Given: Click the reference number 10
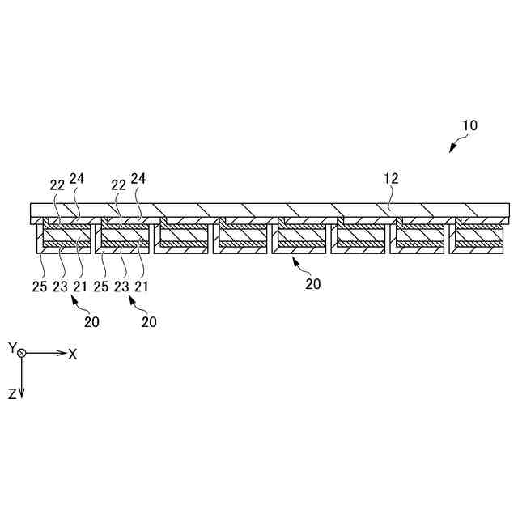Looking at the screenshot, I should [x=469, y=126].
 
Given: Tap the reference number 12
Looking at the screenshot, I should [x=391, y=178].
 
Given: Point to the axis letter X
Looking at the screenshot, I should [x=73, y=354].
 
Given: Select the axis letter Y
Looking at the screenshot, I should [x=12, y=347].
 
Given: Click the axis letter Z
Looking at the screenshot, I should [x=12, y=393].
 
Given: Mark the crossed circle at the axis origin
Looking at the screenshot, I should [x=23, y=354].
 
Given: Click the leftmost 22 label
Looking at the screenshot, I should [x=57, y=185].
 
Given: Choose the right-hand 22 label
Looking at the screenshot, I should [x=119, y=185].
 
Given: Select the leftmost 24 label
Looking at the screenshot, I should [x=77, y=178].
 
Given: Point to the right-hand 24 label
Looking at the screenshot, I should [x=139, y=178].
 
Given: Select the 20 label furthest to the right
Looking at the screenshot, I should [x=313, y=283].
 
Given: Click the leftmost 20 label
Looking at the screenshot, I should [x=91, y=321].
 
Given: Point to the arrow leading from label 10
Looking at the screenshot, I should [x=456, y=144].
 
